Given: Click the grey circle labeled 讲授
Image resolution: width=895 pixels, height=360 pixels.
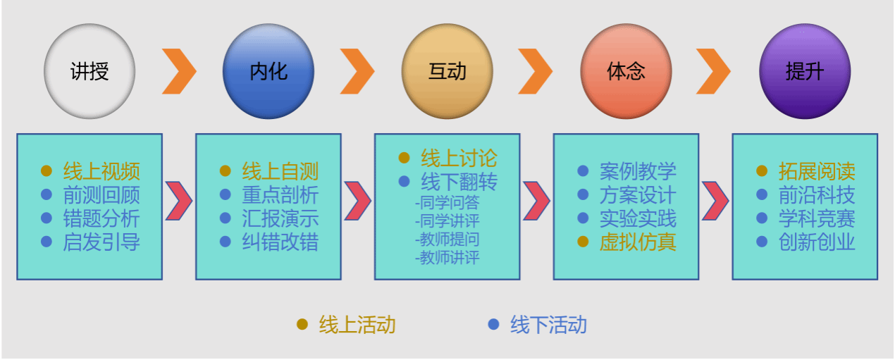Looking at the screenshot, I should pos(89,71).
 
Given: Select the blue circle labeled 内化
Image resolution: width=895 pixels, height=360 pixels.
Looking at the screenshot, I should pos(268,71).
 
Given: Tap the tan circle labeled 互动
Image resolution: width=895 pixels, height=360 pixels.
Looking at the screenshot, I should pos(447,71).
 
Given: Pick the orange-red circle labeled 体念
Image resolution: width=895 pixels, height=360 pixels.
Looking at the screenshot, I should pos(626,71).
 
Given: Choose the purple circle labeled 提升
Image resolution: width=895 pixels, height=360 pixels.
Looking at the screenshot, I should pos(805,71).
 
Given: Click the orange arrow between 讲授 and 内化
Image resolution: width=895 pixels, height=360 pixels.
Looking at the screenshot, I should pos(179,71).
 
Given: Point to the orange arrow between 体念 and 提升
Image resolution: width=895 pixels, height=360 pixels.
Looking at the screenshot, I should pos(713,71).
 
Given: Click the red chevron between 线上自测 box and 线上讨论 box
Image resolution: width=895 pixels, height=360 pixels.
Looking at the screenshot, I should pos(358,201).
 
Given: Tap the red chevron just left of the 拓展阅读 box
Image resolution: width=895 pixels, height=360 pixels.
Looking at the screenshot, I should pos(715,201).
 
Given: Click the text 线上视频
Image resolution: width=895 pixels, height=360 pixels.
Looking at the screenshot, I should pos(101,171).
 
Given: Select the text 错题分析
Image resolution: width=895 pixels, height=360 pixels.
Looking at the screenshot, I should pos(101,218).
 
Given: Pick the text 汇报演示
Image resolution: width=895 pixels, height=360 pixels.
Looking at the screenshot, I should pos(280,218).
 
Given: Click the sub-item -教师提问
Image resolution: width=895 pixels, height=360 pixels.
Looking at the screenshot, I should pos(447,240).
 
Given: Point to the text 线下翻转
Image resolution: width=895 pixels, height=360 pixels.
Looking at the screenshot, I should pos(459,182).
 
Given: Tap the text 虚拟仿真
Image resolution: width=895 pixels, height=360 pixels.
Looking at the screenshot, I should pos(638,242).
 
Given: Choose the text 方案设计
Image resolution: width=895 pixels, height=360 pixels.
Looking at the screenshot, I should pos(638,195).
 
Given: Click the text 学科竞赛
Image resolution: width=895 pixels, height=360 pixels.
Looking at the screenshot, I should pos(817,218).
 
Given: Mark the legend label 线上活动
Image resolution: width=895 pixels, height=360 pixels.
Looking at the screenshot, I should pos(357,325).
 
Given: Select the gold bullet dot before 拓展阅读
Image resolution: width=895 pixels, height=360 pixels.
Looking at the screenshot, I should pos(762,170).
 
